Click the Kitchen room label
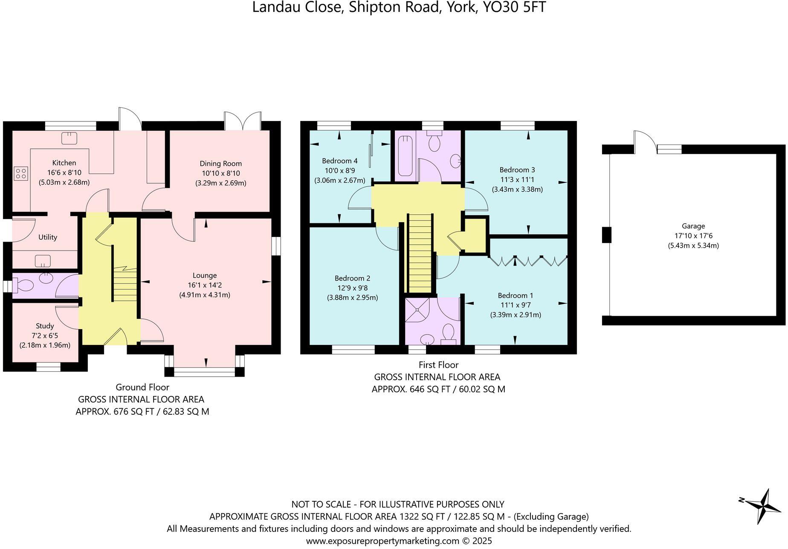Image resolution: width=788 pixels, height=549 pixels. [64, 163]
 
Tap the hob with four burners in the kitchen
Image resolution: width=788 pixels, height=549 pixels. [21, 173]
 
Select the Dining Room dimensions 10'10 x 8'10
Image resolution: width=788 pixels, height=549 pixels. [220, 173]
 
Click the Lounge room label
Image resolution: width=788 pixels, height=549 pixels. [205, 275]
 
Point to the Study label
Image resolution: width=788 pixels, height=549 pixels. [45, 326]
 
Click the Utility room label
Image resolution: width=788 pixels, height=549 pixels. [47, 237]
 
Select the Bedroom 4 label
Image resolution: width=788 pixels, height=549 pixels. [339, 161]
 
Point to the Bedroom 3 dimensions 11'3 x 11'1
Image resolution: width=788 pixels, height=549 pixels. [517, 179]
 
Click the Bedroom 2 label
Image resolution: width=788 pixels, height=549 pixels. [352, 278]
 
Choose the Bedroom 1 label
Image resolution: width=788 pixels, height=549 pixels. [515, 295]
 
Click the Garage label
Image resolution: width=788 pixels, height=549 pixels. [693, 226]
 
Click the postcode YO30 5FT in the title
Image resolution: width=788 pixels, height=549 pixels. [513, 8]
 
